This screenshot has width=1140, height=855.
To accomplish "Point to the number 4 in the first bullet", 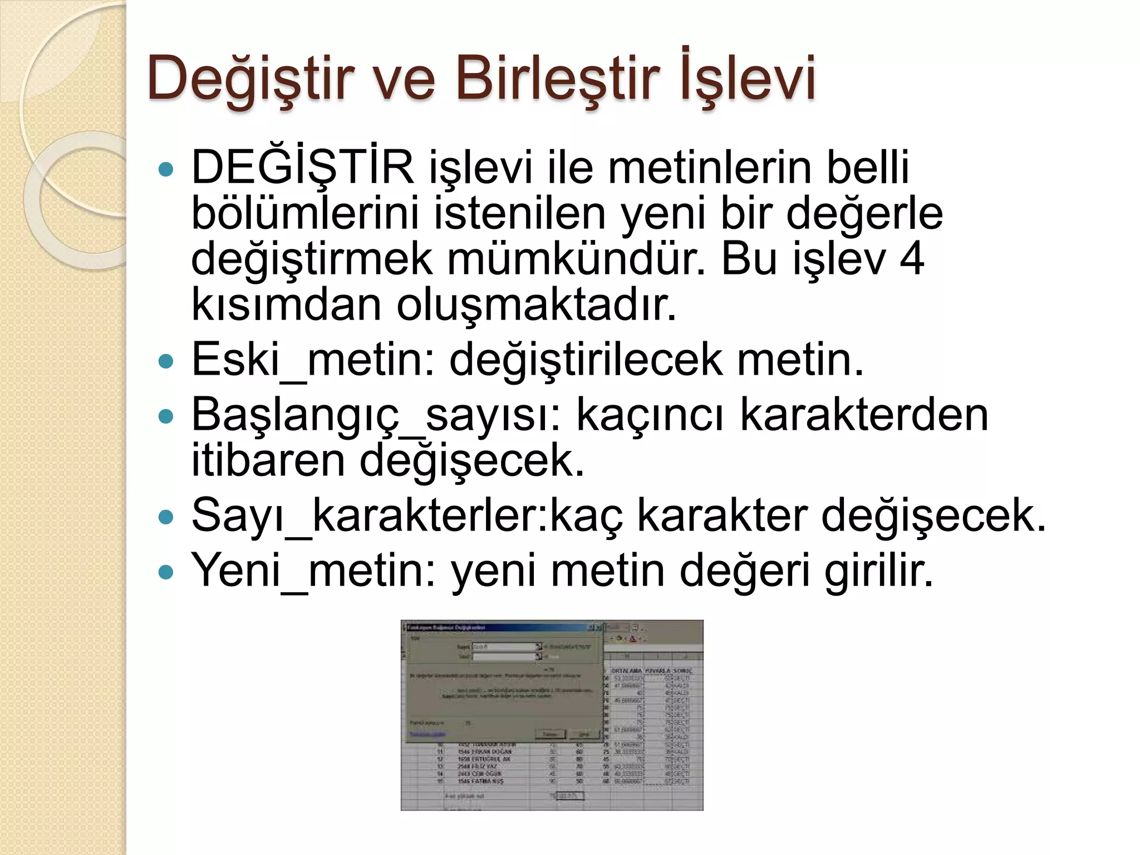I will tap(911, 259).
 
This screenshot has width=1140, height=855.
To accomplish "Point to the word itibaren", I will tap(267, 460).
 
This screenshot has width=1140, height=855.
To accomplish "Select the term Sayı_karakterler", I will tap(370, 515).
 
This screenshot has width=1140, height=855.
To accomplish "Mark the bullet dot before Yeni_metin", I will tap(166, 572).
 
